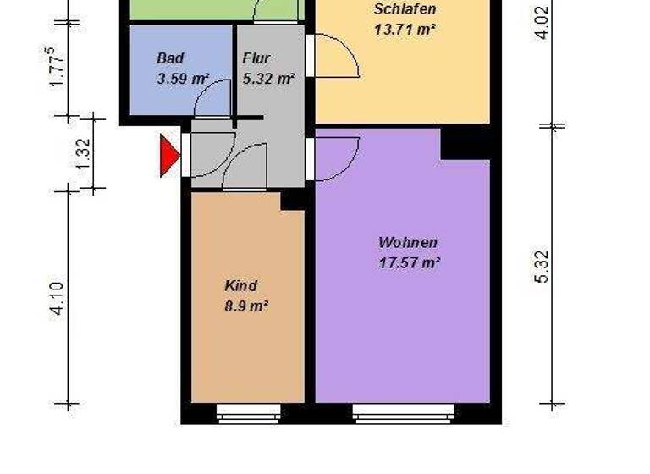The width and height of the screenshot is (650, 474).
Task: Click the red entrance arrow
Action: [x=169, y=156]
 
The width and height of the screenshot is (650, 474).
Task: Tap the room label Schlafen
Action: [x=405, y=10]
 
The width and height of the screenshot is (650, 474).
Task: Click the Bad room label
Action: [x=170, y=58]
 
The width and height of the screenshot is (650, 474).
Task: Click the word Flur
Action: [x=256, y=58]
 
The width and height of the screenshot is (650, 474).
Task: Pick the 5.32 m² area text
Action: [x=267, y=80]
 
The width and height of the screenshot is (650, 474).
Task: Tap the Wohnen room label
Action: [x=408, y=242]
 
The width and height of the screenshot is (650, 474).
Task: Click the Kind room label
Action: [x=240, y=285]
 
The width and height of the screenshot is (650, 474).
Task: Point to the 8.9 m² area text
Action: [x=246, y=306]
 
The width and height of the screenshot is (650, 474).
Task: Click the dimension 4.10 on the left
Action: [x=56, y=298]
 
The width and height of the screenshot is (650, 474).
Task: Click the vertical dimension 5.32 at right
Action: [x=543, y=267]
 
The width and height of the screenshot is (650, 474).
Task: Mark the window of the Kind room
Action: [x=248, y=414]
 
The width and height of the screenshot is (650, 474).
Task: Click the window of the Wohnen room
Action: [x=402, y=414]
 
